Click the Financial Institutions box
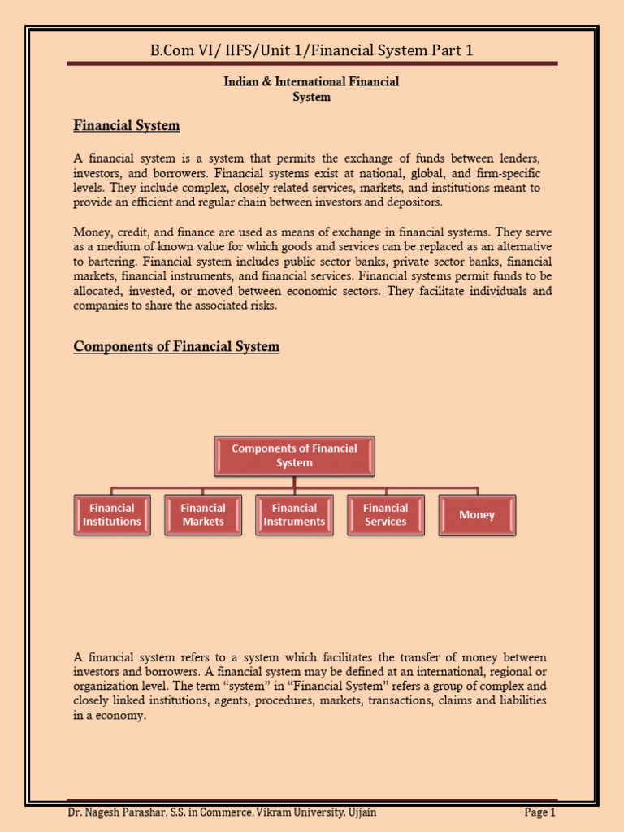112,515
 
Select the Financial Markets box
203,515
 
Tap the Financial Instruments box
294,515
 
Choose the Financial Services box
385,515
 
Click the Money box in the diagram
477,515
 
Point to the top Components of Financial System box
294,456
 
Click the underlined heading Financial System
127,126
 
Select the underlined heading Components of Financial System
176,347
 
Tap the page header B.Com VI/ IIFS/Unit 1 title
312,50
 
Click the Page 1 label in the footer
539,812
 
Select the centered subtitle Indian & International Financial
311,82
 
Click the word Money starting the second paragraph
92,232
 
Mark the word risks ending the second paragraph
261,305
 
